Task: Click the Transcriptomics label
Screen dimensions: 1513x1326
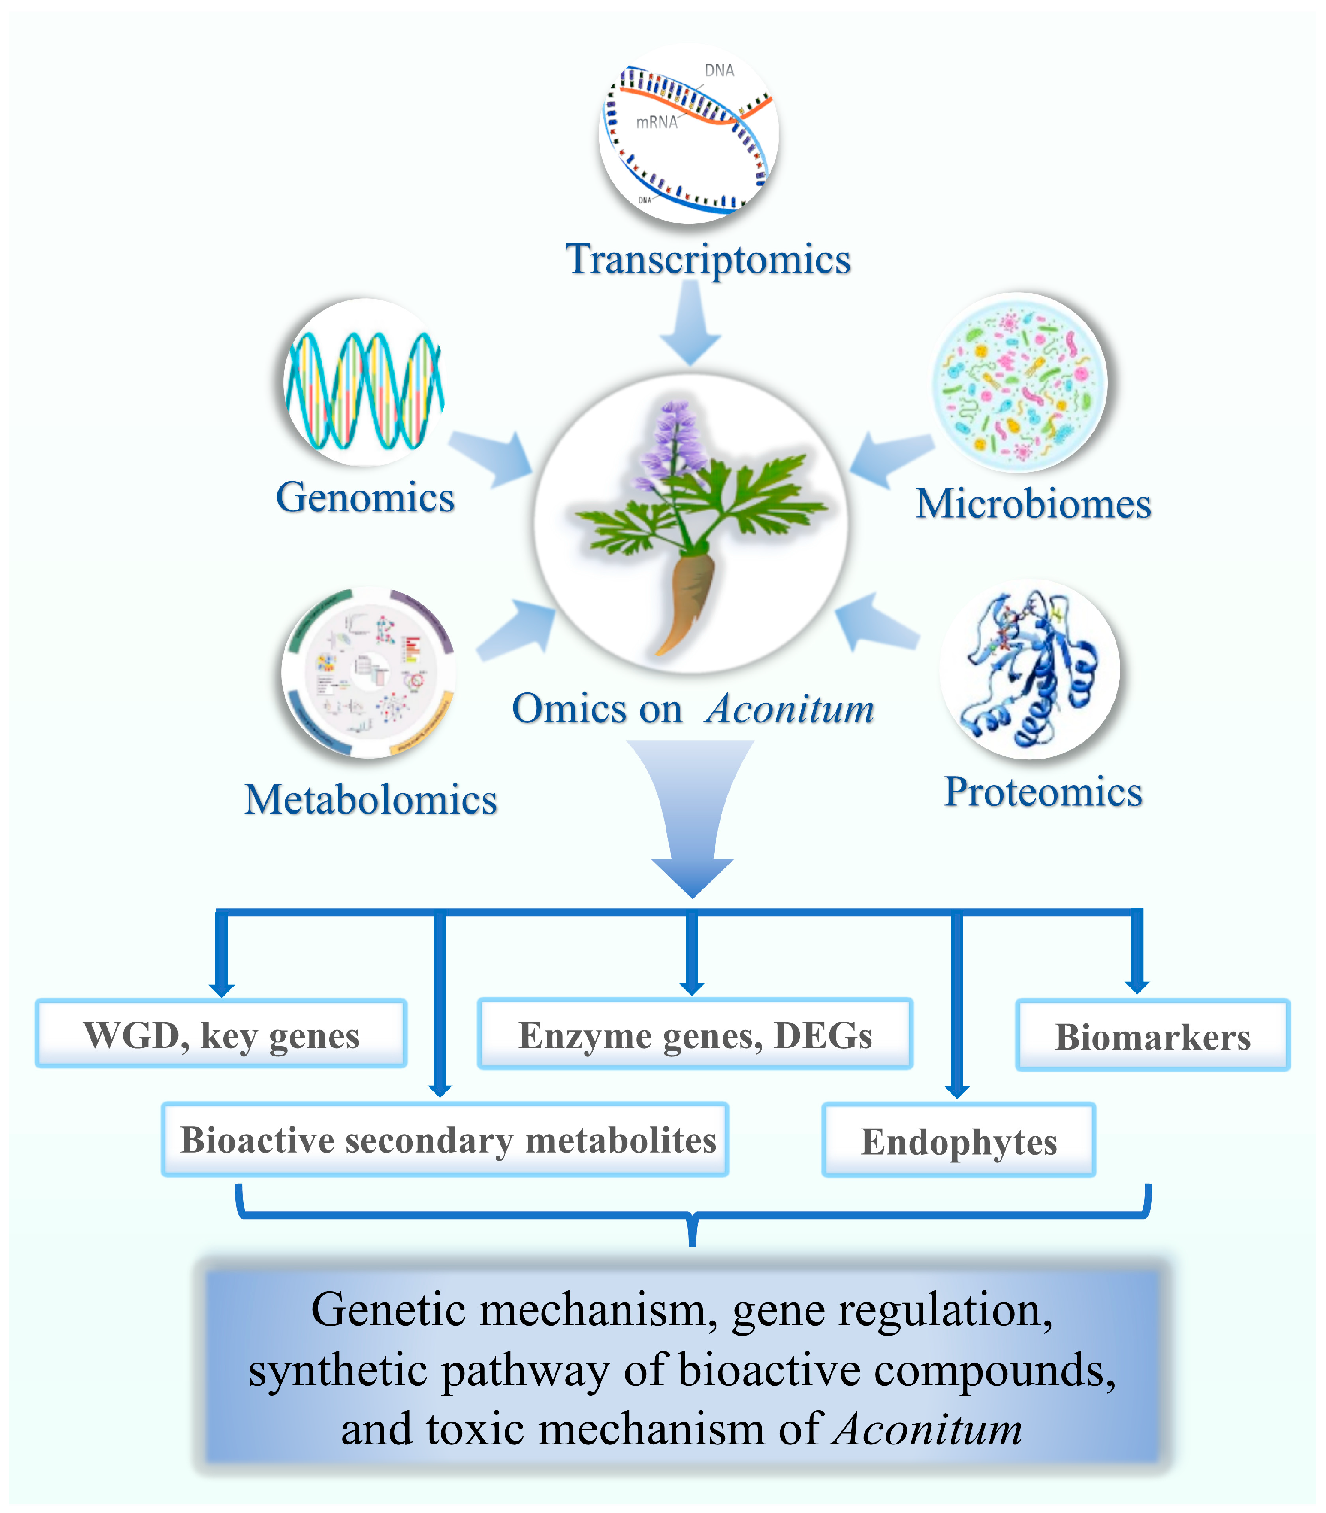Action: coord(708,259)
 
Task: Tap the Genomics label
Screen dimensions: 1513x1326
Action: coord(365,497)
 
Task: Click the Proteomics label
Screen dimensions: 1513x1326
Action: coord(1043,792)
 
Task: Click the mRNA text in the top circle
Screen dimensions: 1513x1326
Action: coord(657,122)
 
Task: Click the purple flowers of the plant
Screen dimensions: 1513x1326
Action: coord(673,444)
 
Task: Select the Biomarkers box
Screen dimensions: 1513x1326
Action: coord(1152,1036)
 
